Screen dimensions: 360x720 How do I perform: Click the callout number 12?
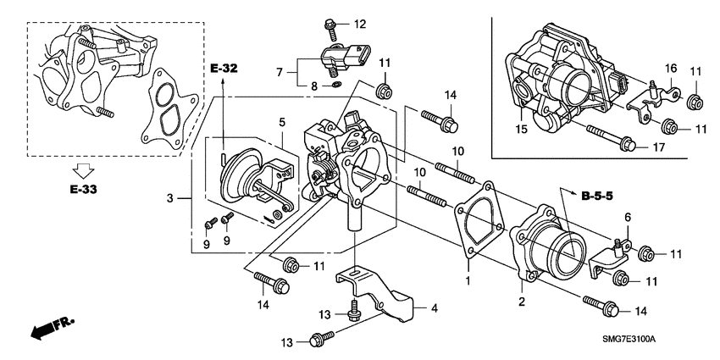pos(360,23)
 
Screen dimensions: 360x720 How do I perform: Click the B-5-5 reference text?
pos(599,197)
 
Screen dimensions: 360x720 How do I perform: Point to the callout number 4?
pos(434,308)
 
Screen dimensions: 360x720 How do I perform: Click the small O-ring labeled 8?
pos(337,85)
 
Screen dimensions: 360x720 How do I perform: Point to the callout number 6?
pos(627,218)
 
